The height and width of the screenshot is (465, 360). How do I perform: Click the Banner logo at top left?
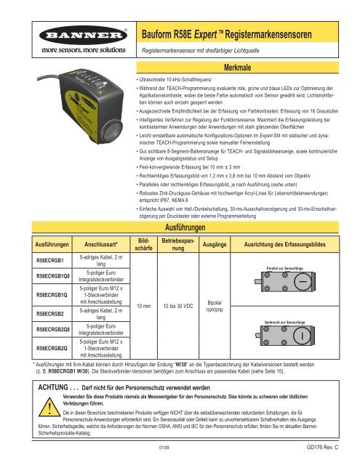click(60, 37)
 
